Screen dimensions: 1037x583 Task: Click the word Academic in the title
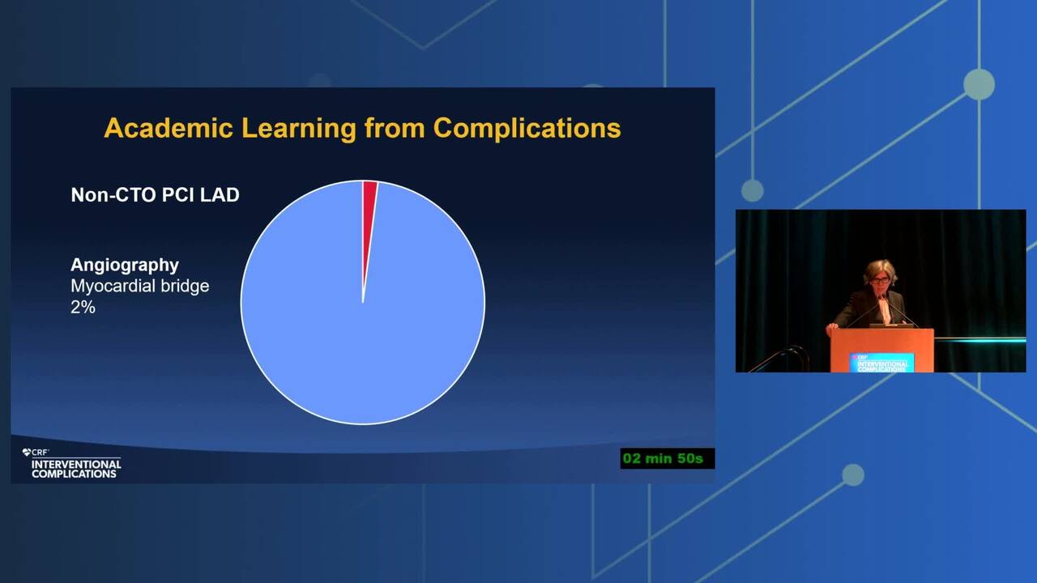point(168,128)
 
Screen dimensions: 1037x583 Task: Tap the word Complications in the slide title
point(527,129)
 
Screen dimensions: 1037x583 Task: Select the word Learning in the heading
point(299,129)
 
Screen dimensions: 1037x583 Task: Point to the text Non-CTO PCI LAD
point(155,195)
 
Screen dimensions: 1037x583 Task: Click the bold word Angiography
point(125,265)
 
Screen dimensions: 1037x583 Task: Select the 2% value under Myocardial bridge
point(83,307)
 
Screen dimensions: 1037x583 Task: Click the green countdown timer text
point(663,458)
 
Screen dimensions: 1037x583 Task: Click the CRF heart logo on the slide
point(26,452)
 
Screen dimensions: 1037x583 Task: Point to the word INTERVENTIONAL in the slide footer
point(76,464)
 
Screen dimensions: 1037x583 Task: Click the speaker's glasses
point(880,280)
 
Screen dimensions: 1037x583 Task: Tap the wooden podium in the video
point(881,350)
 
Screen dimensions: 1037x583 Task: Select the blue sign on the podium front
point(881,362)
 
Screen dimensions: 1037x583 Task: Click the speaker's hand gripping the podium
point(832,328)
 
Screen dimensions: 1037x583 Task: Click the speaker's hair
point(880,270)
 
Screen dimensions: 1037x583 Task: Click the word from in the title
point(395,129)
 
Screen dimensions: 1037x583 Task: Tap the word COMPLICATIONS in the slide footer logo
point(74,474)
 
